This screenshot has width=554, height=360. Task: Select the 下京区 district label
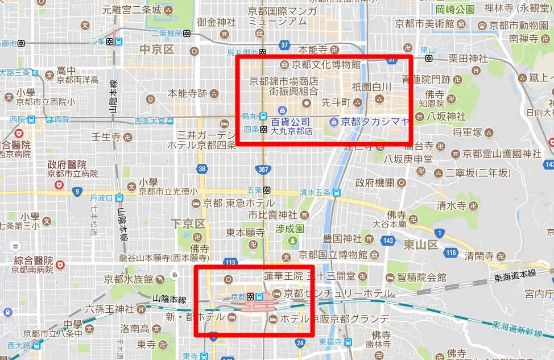188,224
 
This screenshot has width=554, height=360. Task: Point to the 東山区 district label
420,245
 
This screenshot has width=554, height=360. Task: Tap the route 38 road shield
202,169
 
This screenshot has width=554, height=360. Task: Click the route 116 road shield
451,252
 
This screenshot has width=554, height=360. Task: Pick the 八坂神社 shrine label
449,115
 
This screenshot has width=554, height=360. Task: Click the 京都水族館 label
129,279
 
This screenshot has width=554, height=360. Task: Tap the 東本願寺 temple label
246,233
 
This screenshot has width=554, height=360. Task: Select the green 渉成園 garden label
290,229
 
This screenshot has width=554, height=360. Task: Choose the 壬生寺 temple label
107,137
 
